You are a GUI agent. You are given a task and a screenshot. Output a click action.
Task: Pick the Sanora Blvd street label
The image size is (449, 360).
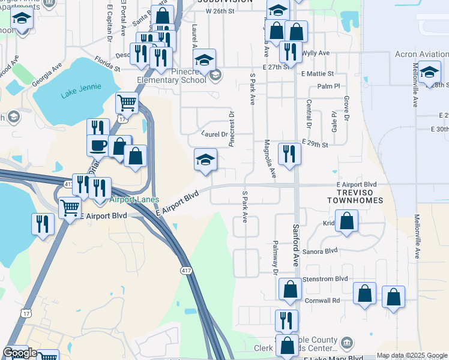pos(324,252)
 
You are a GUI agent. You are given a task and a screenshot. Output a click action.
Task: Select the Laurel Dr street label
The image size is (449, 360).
pos(214,134)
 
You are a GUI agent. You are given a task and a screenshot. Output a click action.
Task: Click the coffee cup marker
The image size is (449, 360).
pos(98,145)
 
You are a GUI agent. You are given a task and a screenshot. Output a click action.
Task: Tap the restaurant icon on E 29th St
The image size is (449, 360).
pos(289,153)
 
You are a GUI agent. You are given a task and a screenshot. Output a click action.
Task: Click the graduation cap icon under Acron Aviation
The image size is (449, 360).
pos(429,73)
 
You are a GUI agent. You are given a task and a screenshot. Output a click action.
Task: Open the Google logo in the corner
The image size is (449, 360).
pos(19,353)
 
